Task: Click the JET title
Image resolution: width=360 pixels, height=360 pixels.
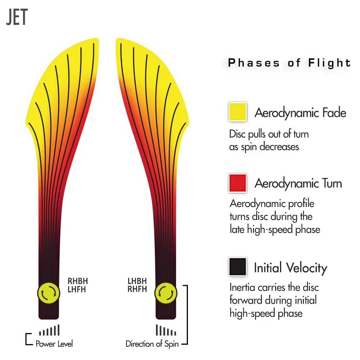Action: tap(17, 17)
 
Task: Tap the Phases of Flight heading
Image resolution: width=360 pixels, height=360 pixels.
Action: tap(289, 63)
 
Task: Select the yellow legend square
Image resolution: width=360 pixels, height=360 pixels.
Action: tap(238, 112)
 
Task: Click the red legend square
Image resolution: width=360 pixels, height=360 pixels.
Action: tap(238, 183)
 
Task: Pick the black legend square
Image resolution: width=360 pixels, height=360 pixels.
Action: tap(238, 266)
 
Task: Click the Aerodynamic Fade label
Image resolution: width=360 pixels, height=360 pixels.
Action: tap(300, 113)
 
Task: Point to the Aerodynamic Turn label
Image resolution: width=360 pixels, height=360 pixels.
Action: tap(298, 183)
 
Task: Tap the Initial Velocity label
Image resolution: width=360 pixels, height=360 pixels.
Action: tap(291, 268)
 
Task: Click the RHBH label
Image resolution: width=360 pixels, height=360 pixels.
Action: tap(78, 281)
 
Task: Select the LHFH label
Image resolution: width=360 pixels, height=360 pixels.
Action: tap(77, 289)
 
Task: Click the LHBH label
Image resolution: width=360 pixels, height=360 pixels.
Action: tap(137, 281)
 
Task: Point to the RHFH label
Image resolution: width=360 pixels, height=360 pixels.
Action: tap(137, 289)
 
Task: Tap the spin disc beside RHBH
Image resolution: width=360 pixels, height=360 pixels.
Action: tap(49, 293)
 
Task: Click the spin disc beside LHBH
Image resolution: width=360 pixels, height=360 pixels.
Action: tap(166, 293)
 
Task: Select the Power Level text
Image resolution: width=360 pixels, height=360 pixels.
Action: tap(54, 344)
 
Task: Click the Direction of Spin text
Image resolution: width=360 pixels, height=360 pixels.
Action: tap(152, 344)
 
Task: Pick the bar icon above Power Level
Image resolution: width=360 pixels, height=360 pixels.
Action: tap(49, 330)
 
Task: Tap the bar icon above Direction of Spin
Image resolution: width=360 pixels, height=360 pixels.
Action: tap(166, 330)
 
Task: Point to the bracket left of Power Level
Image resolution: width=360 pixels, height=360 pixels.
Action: tap(26, 339)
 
